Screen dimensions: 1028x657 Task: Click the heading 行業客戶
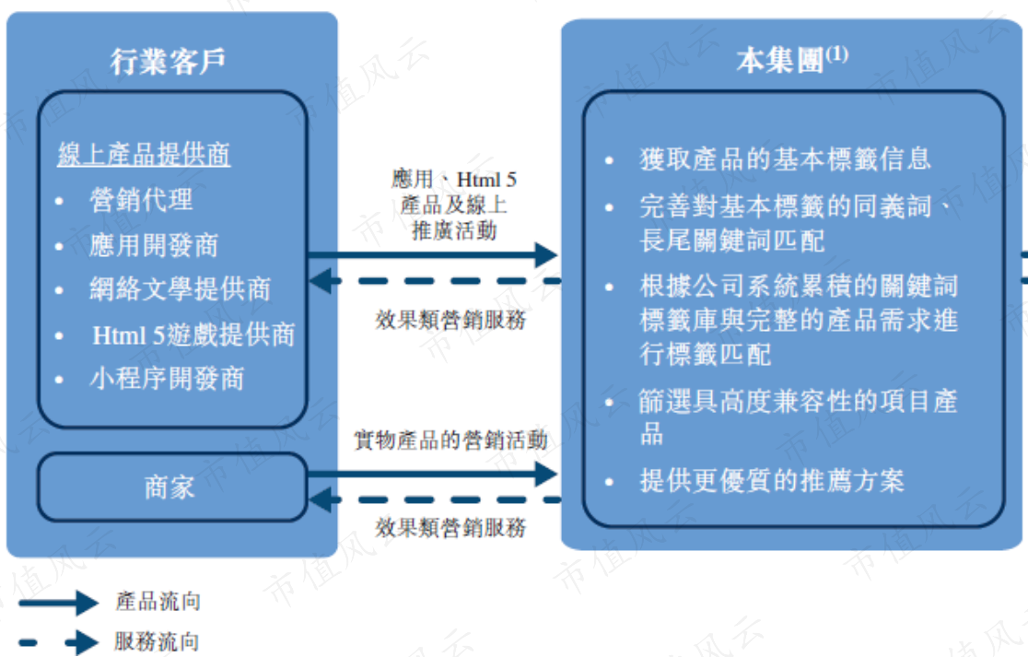pyautogui.click(x=168, y=62)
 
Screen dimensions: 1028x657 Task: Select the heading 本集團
pyautogui.click(x=779, y=60)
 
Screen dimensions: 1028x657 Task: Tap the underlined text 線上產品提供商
pyautogui.click(x=144, y=155)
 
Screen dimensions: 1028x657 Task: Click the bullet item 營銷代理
pyautogui.click(x=141, y=199)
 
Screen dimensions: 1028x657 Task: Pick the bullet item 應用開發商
pyautogui.click(x=154, y=245)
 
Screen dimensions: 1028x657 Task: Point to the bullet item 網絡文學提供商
pyautogui.click(x=181, y=289)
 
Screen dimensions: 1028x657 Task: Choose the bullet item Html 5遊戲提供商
pyautogui.click(x=193, y=335)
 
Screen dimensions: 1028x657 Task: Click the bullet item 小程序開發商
pyautogui.click(x=167, y=379)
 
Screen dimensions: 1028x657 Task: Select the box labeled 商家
pyautogui.click(x=171, y=487)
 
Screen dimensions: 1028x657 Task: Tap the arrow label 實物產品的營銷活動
pyautogui.click(x=450, y=440)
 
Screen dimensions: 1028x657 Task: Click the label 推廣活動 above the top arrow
pyautogui.click(x=454, y=230)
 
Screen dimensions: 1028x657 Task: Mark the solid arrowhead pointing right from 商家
pyautogui.click(x=546, y=474)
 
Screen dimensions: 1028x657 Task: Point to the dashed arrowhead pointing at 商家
pyautogui.click(x=320, y=500)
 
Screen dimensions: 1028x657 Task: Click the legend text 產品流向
pyautogui.click(x=158, y=602)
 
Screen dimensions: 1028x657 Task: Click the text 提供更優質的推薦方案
pyautogui.click(x=772, y=481)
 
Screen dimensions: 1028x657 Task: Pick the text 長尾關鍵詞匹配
pyautogui.click(x=732, y=240)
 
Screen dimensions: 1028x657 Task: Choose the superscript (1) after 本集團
pyautogui.click(x=836, y=53)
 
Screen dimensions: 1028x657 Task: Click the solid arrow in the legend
pyautogui.click(x=59, y=603)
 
